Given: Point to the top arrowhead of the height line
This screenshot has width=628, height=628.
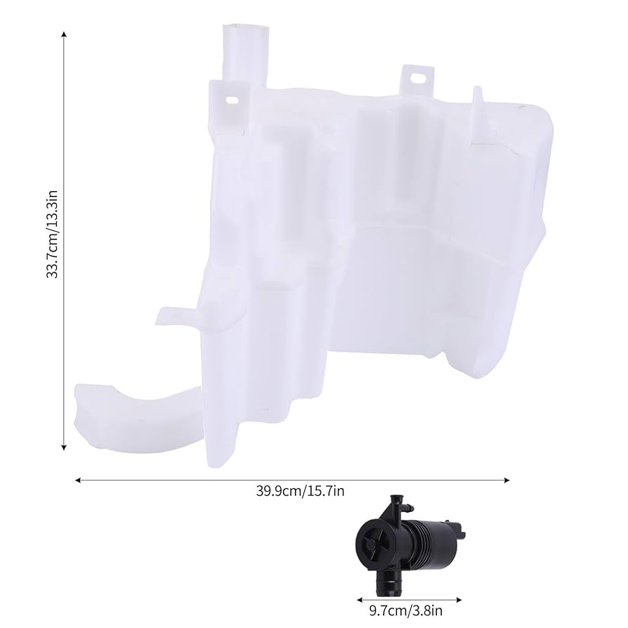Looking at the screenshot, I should click(65, 34).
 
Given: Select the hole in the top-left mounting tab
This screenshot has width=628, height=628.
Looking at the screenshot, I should click(231, 100).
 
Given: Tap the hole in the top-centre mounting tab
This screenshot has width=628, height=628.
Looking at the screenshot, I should click(419, 80).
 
